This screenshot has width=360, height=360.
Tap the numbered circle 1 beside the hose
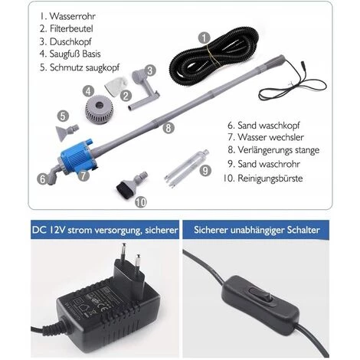pyautogui.click(x=204, y=38)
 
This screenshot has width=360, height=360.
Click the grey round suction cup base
pyautogui.click(x=100, y=109)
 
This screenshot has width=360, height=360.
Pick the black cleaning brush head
pyautogui.click(x=123, y=188)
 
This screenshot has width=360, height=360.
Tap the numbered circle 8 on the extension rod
pyautogui.click(x=169, y=127)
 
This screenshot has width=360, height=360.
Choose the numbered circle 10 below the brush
pyautogui.click(x=140, y=202)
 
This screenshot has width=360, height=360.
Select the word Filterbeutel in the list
pyautogui.click(x=71, y=28)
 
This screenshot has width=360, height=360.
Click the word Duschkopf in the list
pyautogui.click(x=70, y=41)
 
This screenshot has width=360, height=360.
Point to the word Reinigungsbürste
pyautogui.click(x=270, y=178)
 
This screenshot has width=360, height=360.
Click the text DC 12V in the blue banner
pyautogui.click(x=48, y=230)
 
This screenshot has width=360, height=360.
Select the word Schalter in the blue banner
pyautogui.click(x=303, y=230)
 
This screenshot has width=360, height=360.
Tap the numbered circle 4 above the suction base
pyautogui.click(x=88, y=91)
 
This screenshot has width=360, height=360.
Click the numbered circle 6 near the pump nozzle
pyautogui.click(x=43, y=179)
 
